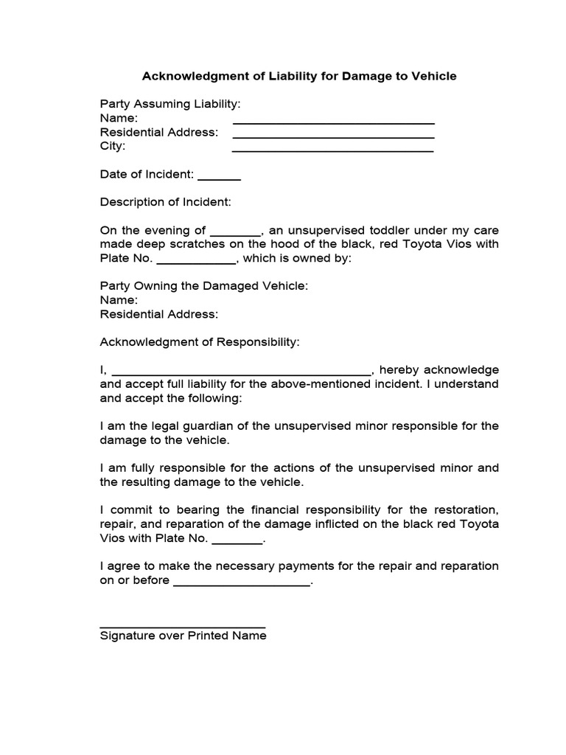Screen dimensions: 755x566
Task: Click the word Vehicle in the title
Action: (434, 76)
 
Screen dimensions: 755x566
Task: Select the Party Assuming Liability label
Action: (170, 105)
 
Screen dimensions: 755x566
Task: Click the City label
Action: (113, 146)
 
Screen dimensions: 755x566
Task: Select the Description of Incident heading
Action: (166, 202)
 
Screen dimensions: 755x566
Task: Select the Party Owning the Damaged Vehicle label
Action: (204, 286)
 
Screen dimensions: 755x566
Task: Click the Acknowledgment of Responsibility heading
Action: (200, 342)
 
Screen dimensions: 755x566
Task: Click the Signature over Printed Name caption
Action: (184, 636)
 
